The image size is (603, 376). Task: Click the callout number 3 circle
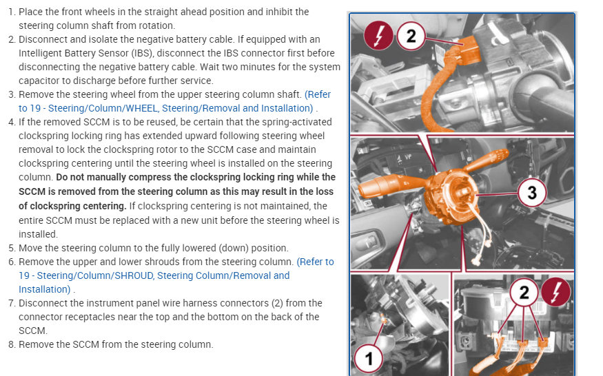click(532, 193)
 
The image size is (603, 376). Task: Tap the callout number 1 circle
click(369, 358)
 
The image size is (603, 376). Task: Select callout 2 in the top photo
click(411, 36)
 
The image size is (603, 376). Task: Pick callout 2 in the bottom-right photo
click(524, 292)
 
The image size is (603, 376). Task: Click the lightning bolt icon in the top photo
click(378, 36)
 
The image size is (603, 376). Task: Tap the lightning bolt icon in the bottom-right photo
click(555, 292)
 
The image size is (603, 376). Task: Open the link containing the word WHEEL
click(174, 101)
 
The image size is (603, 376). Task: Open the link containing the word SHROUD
click(176, 275)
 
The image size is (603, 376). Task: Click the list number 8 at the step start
click(12, 344)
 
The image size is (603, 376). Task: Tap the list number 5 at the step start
click(12, 248)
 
